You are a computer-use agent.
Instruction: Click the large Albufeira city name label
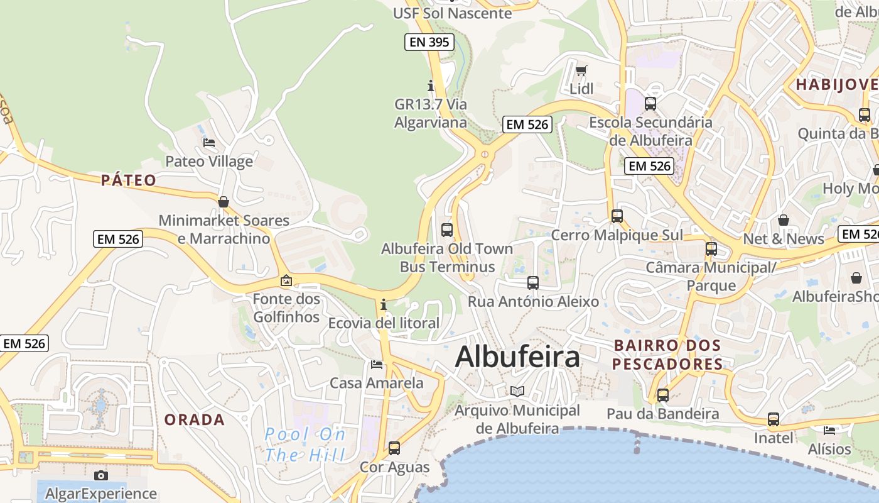pos(517,357)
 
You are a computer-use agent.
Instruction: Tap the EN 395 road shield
pos(429,42)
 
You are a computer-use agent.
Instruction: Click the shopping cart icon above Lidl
pos(581,70)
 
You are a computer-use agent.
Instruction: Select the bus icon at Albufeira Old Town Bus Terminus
pos(447,229)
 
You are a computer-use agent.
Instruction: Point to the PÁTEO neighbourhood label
pos(129,180)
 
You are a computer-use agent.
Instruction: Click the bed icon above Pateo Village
pos(209,143)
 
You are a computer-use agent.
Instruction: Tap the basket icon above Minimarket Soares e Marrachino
pos(224,202)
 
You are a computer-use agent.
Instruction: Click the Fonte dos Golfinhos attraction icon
pos(286,280)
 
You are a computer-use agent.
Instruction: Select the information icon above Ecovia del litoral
pos(384,305)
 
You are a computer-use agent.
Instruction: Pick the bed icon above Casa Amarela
pos(377,364)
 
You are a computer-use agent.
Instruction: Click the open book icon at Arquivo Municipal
pos(517,391)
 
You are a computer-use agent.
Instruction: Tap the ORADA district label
pos(195,420)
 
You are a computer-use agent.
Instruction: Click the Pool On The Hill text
pos(305,444)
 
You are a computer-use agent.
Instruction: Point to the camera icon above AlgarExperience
pos(101,475)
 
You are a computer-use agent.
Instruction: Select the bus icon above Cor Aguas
pos(394,448)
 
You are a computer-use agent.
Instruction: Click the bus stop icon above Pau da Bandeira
pos(663,395)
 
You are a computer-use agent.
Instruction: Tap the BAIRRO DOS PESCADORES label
pos(667,355)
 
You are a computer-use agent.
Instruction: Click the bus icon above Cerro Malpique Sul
pos(617,216)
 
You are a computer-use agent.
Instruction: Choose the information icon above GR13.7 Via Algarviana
pos(431,85)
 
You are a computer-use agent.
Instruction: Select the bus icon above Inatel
pos(774,419)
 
